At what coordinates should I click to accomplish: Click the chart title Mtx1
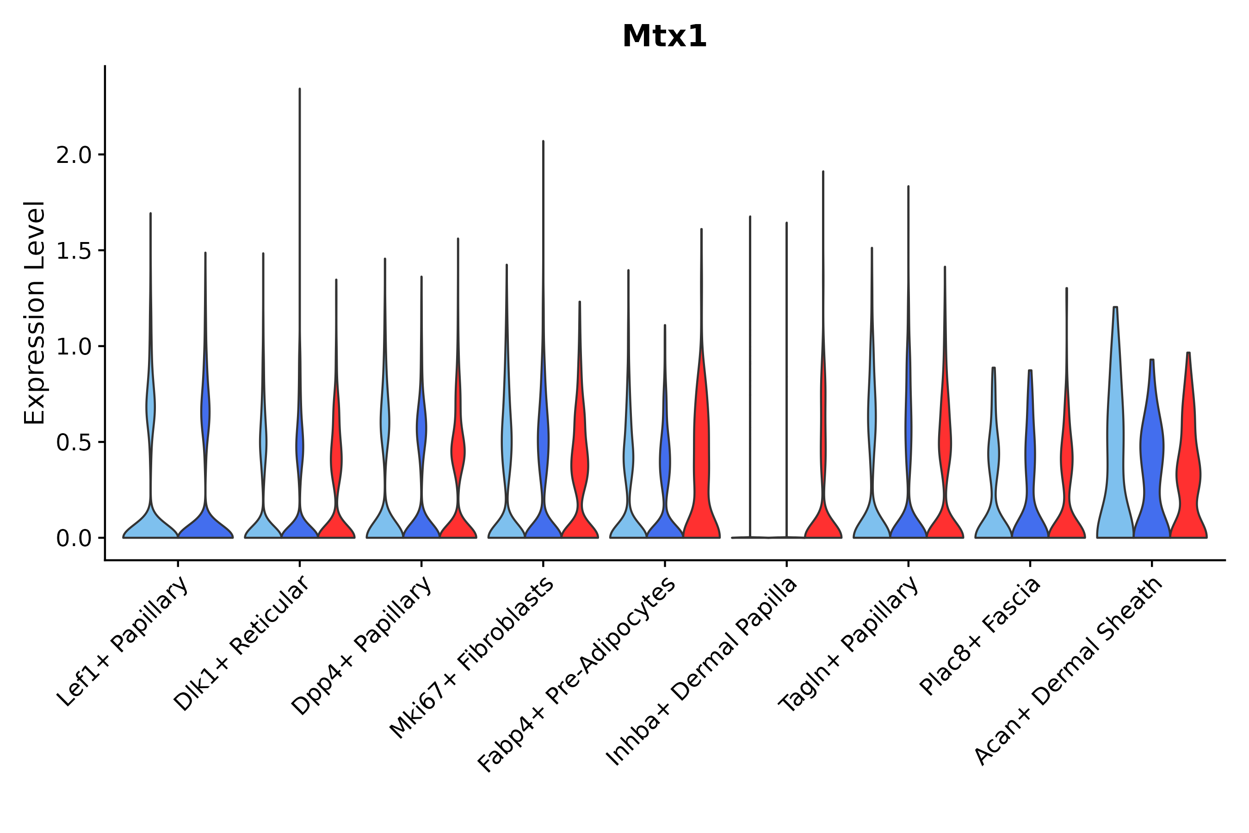[x=664, y=37]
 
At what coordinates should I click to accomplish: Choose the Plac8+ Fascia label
[x=980, y=636]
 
